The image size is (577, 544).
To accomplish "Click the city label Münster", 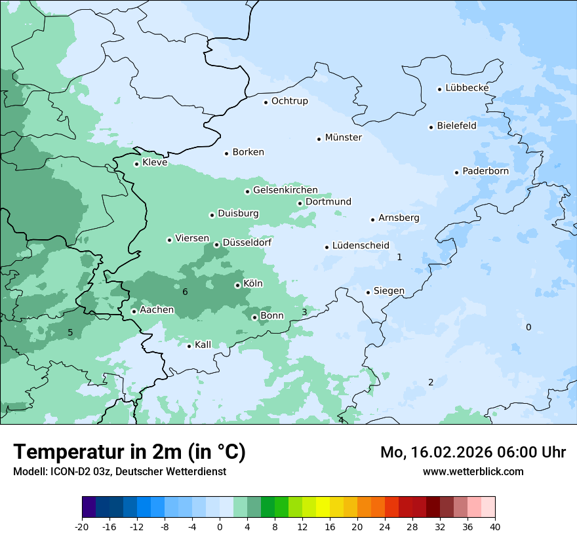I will (343, 138).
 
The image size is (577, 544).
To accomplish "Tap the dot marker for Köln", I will (237, 285).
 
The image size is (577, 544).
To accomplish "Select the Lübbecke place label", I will (467, 88).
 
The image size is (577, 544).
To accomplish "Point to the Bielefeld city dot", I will (431, 127).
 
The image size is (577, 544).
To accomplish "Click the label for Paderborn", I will (485, 171).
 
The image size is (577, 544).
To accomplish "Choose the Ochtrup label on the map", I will (289, 101).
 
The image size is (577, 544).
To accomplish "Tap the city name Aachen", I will (157, 310).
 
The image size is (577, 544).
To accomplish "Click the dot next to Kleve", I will (136, 164).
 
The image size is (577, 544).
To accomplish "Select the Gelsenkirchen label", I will (285, 190).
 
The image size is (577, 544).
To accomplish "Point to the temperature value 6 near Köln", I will (185, 292).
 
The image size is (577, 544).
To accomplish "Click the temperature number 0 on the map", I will (528, 327).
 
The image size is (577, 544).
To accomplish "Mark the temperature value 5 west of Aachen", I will (70, 332).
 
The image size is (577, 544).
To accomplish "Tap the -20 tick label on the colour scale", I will (82, 527).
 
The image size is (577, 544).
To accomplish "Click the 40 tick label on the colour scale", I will (495, 527).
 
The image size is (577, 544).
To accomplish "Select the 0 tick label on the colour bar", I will (220, 527).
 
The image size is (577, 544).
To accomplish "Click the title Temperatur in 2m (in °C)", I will (129, 452).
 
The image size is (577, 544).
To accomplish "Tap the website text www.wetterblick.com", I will (473, 471).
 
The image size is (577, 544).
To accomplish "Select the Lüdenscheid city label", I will (361, 246).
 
